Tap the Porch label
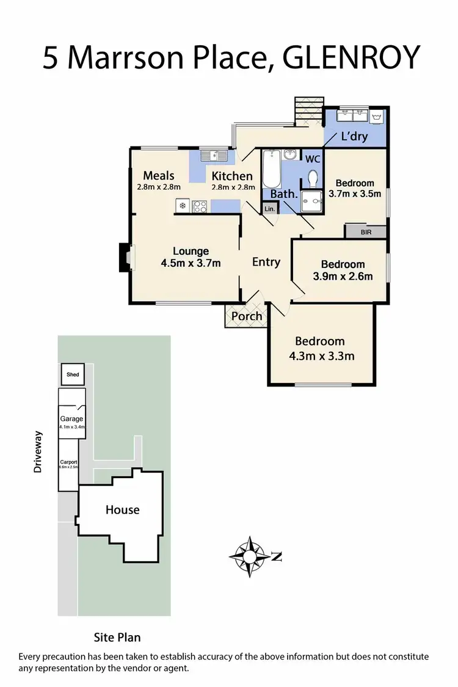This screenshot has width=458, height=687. pyautogui.click(x=247, y=316)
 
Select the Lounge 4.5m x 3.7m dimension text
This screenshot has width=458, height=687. pyautogui.click(x=191, y=263)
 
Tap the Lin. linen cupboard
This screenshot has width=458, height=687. pyautogui.click(x=270, y=209)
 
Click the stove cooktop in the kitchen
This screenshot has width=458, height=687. pyautogui.click(x=200, y=206)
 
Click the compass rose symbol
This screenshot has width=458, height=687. pyautogui.click(x=250, y=556)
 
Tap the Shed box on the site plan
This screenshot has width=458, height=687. pyautogui.click(x=73, y=374)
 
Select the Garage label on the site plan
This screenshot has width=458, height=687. pyautogui.click(x=71, y=419)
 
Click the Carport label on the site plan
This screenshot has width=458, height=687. pyautogui.click(x=68, y=462)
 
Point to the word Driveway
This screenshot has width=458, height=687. pyautogui.click(x=39, y=453)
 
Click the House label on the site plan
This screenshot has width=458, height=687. pyautogui.click(x=122, y=509)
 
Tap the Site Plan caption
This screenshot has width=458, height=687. pyautogui.click(x=117, y=637)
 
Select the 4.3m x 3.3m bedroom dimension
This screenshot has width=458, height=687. pyautogui.click(x=324, y=356)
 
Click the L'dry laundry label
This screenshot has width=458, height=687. pyautogui.click(x=354, y=136)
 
